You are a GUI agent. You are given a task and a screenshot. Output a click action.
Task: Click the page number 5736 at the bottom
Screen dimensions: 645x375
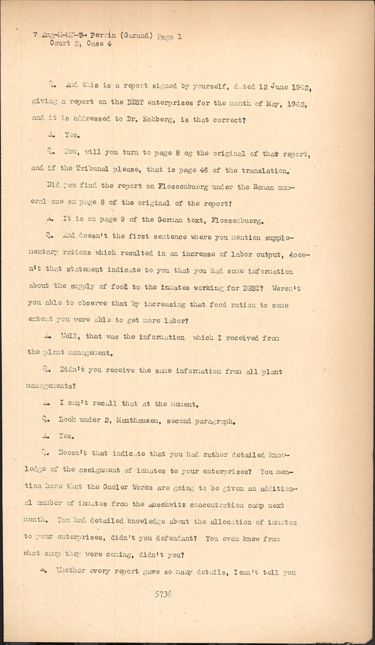click(163, 594)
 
